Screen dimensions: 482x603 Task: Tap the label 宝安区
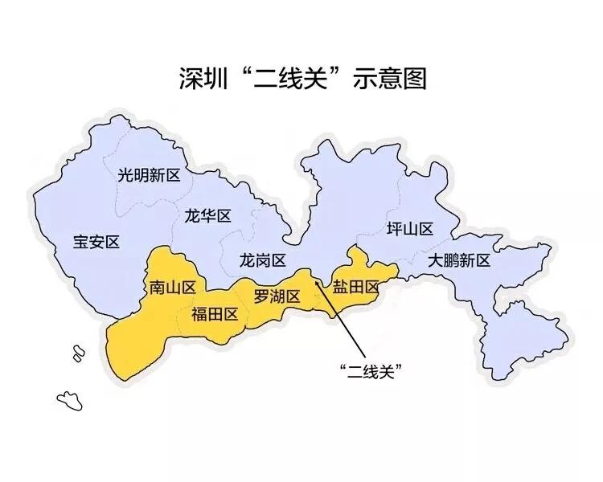pyautogui.click(x=96, y=241)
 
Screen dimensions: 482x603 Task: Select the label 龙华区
pyautogui.click(x=207, y=216)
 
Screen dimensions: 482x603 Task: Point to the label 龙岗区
pyautogui.click(x=263, y=260)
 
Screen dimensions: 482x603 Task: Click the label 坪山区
pyautogui.click(x=410, y=229)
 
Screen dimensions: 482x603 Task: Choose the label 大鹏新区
pyautogui.click(x=459, y=260)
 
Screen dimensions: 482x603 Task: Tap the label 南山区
pyautogui.click(x=173, y=287)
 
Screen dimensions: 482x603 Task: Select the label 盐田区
pyautogui.click(x=355, y=287)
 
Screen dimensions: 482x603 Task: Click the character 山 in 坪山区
pyautogui.click(x=410, y=229)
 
